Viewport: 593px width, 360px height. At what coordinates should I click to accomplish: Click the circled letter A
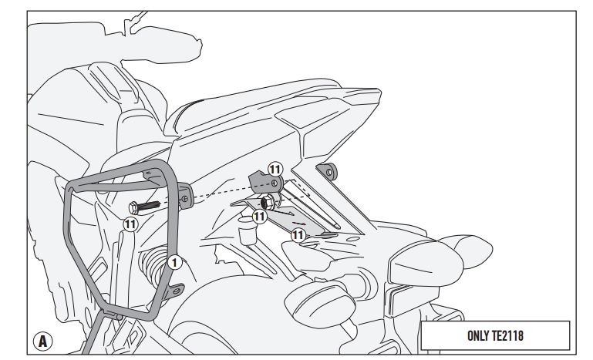[x=42, y=341]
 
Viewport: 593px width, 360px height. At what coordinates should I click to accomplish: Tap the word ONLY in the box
[x=478, y=336]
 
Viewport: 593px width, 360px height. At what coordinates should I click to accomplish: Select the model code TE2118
[x=507, y=336]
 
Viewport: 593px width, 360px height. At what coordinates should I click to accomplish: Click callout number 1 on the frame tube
[x=174, y=262]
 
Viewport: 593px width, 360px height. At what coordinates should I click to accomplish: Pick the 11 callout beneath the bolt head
[x=130, y=224]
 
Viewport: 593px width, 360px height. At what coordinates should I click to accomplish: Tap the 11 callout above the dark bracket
[x=275, y=170]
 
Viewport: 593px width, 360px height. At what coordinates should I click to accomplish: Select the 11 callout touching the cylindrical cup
[x=259, y=217]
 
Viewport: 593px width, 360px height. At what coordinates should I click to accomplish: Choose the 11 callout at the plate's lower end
[x=298, y=236]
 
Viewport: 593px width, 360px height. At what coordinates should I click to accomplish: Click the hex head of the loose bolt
[x=133, y=208]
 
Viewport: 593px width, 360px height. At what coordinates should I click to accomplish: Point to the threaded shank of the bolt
[x=149, y=207]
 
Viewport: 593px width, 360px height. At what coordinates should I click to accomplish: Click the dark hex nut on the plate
[x=268, y=202]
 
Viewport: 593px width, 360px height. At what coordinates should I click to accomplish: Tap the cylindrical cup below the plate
[x=248, y=230]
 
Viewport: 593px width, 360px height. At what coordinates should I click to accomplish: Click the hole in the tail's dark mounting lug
[x=329, y=173]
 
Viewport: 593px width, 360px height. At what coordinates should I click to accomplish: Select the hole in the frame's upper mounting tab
[x=185, y=199]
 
